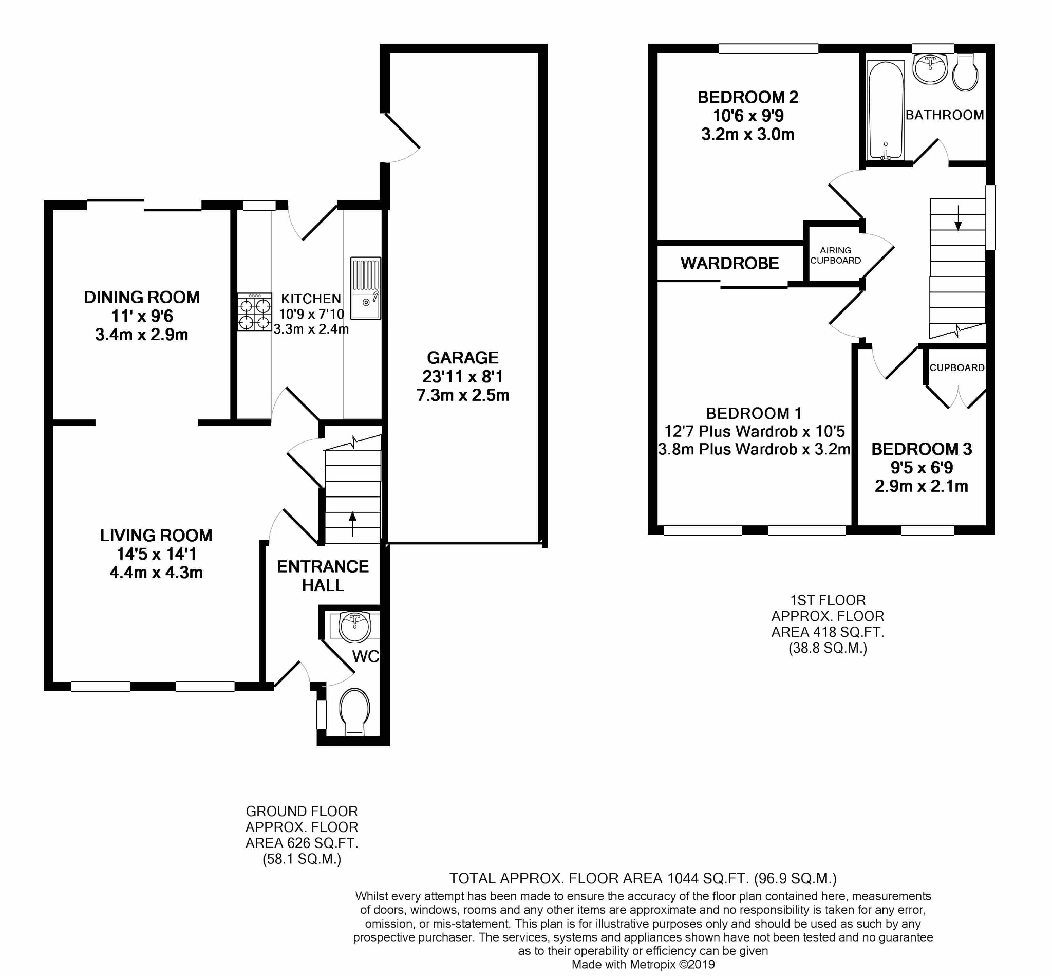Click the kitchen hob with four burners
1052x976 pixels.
tap(254, 311)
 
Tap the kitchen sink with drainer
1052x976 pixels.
tap(365, 288)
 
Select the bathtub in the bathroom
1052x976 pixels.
tap(885, 111)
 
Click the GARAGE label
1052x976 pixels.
tap(462, 358)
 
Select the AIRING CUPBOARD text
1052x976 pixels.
tap(835, 255)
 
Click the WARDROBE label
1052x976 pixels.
tap(729, 263)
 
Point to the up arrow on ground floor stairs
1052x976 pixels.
tap(352, 523)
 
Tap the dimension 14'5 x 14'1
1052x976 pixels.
tap(156, 554)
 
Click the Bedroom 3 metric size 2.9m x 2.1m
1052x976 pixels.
tap(921, 486)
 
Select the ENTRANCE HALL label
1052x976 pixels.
tap(323, 576)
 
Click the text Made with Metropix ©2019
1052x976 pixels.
tap(643, 964)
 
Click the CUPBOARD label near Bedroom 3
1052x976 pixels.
tap(956, 367)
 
